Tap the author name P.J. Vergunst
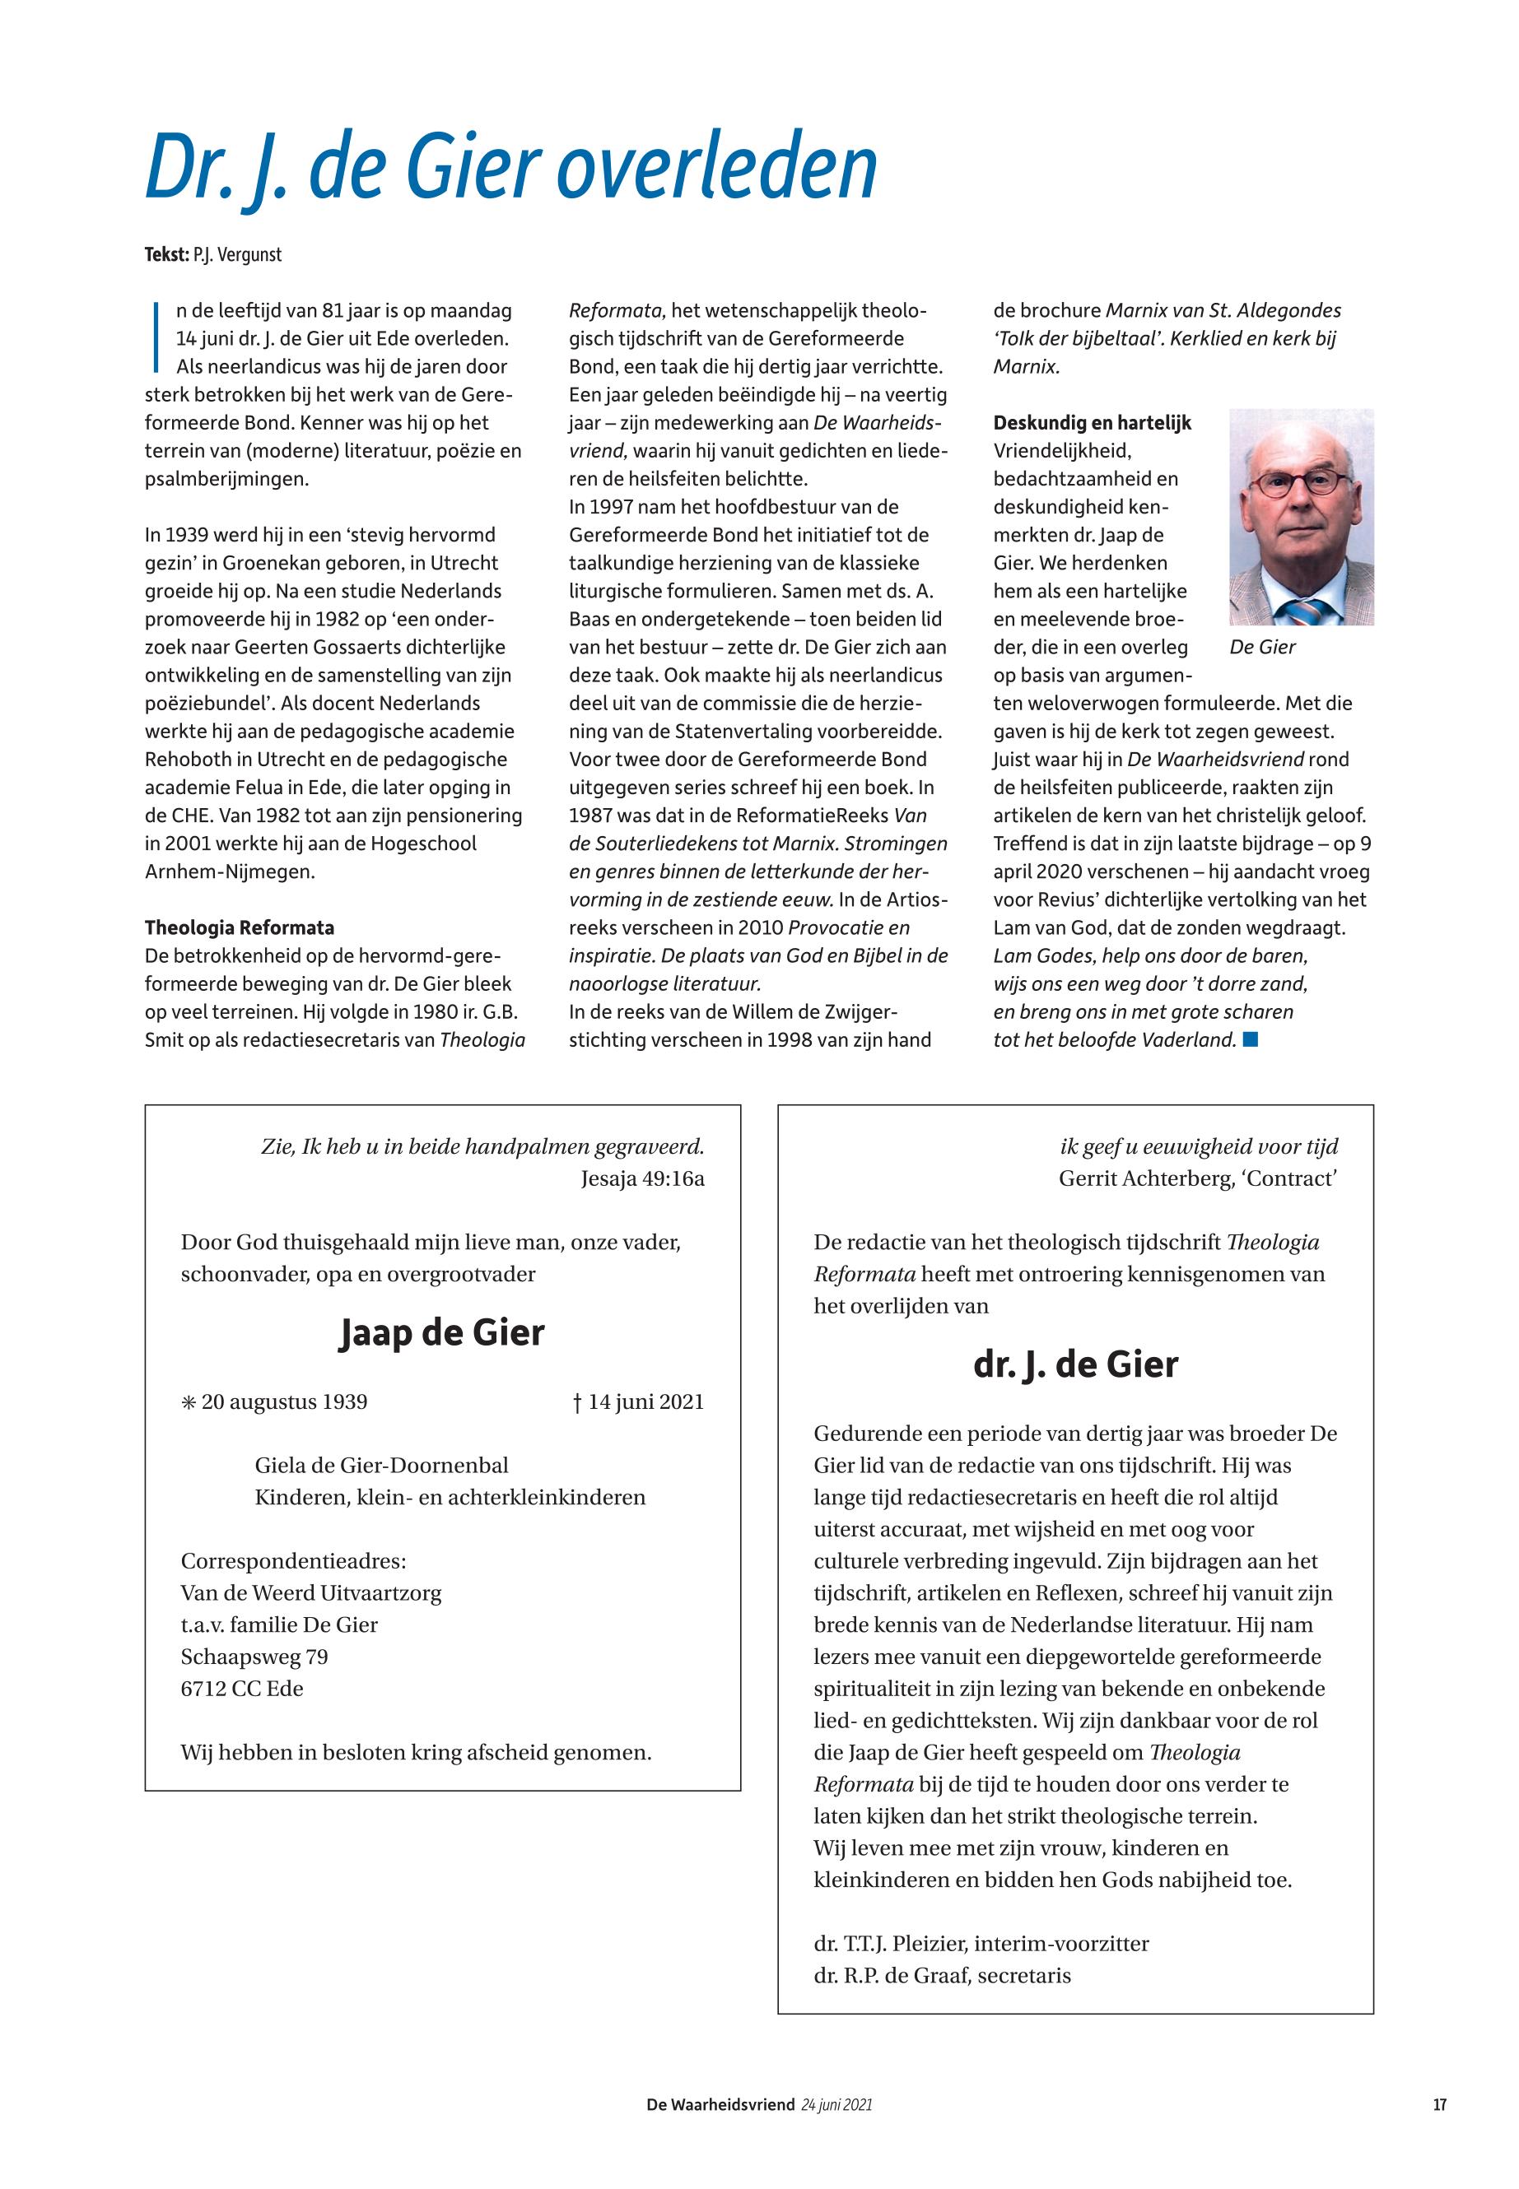click(x=237, y=255)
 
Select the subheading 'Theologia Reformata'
click(x=239, y=927)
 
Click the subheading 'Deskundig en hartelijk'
click(x=1092, y=423)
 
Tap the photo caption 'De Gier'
click(x=1262, y=648)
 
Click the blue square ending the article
click(x=1251, y=1040)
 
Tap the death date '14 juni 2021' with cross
click(x=638, y=1402)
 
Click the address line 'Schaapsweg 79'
click(x=254, y=1657)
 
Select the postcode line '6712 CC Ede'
click(x=242, y=1689)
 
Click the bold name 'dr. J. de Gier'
click(x=1075, y=1364)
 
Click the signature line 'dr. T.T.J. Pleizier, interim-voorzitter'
click(x=981, y=1944)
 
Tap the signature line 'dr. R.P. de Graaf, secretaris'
click(x=941, y=1976)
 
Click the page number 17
click(x=1439, y=2105)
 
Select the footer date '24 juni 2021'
click(x=836, y=2105)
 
